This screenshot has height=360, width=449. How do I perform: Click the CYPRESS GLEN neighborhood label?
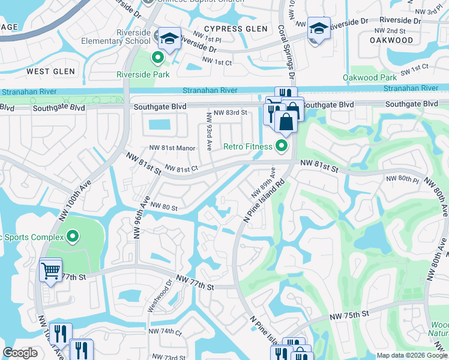(x=235, y=29)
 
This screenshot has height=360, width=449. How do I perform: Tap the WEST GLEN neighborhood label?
(x=50, y=71)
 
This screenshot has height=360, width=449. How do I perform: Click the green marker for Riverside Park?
(x=158, y=58)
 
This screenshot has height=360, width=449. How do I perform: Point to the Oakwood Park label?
(x=370, y=77)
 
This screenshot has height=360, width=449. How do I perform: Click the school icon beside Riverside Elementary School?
(x=169, y=38)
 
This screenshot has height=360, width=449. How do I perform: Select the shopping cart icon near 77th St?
(x=50, y=270)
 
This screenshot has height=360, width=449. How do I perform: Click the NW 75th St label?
(x=348, y=316)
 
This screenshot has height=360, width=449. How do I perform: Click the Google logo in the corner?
(x=20, y=353)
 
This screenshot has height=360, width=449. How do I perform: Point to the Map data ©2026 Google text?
(x=412, y=355)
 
